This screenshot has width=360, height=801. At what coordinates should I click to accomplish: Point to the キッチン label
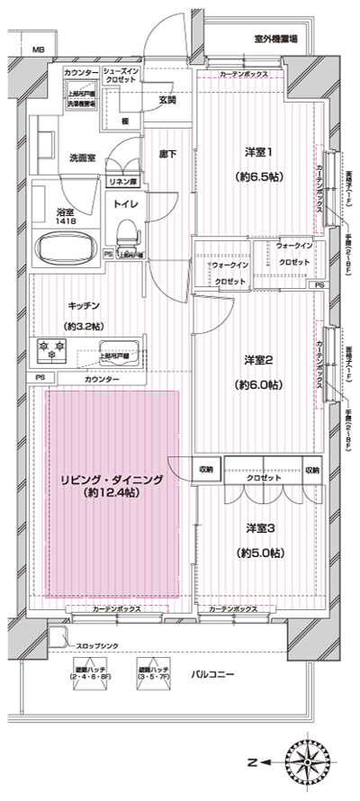pos(83,305)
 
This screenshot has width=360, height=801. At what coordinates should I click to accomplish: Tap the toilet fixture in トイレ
pos(127,236)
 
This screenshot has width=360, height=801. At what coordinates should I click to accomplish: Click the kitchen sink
pos(117,350)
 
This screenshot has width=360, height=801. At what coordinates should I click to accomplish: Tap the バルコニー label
pos(212,673)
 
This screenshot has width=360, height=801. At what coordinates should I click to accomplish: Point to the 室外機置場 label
pos(275,40)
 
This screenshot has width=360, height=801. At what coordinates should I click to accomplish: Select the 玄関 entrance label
pos(167,100)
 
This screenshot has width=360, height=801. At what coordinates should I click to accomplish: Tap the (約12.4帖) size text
pos(108,494)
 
